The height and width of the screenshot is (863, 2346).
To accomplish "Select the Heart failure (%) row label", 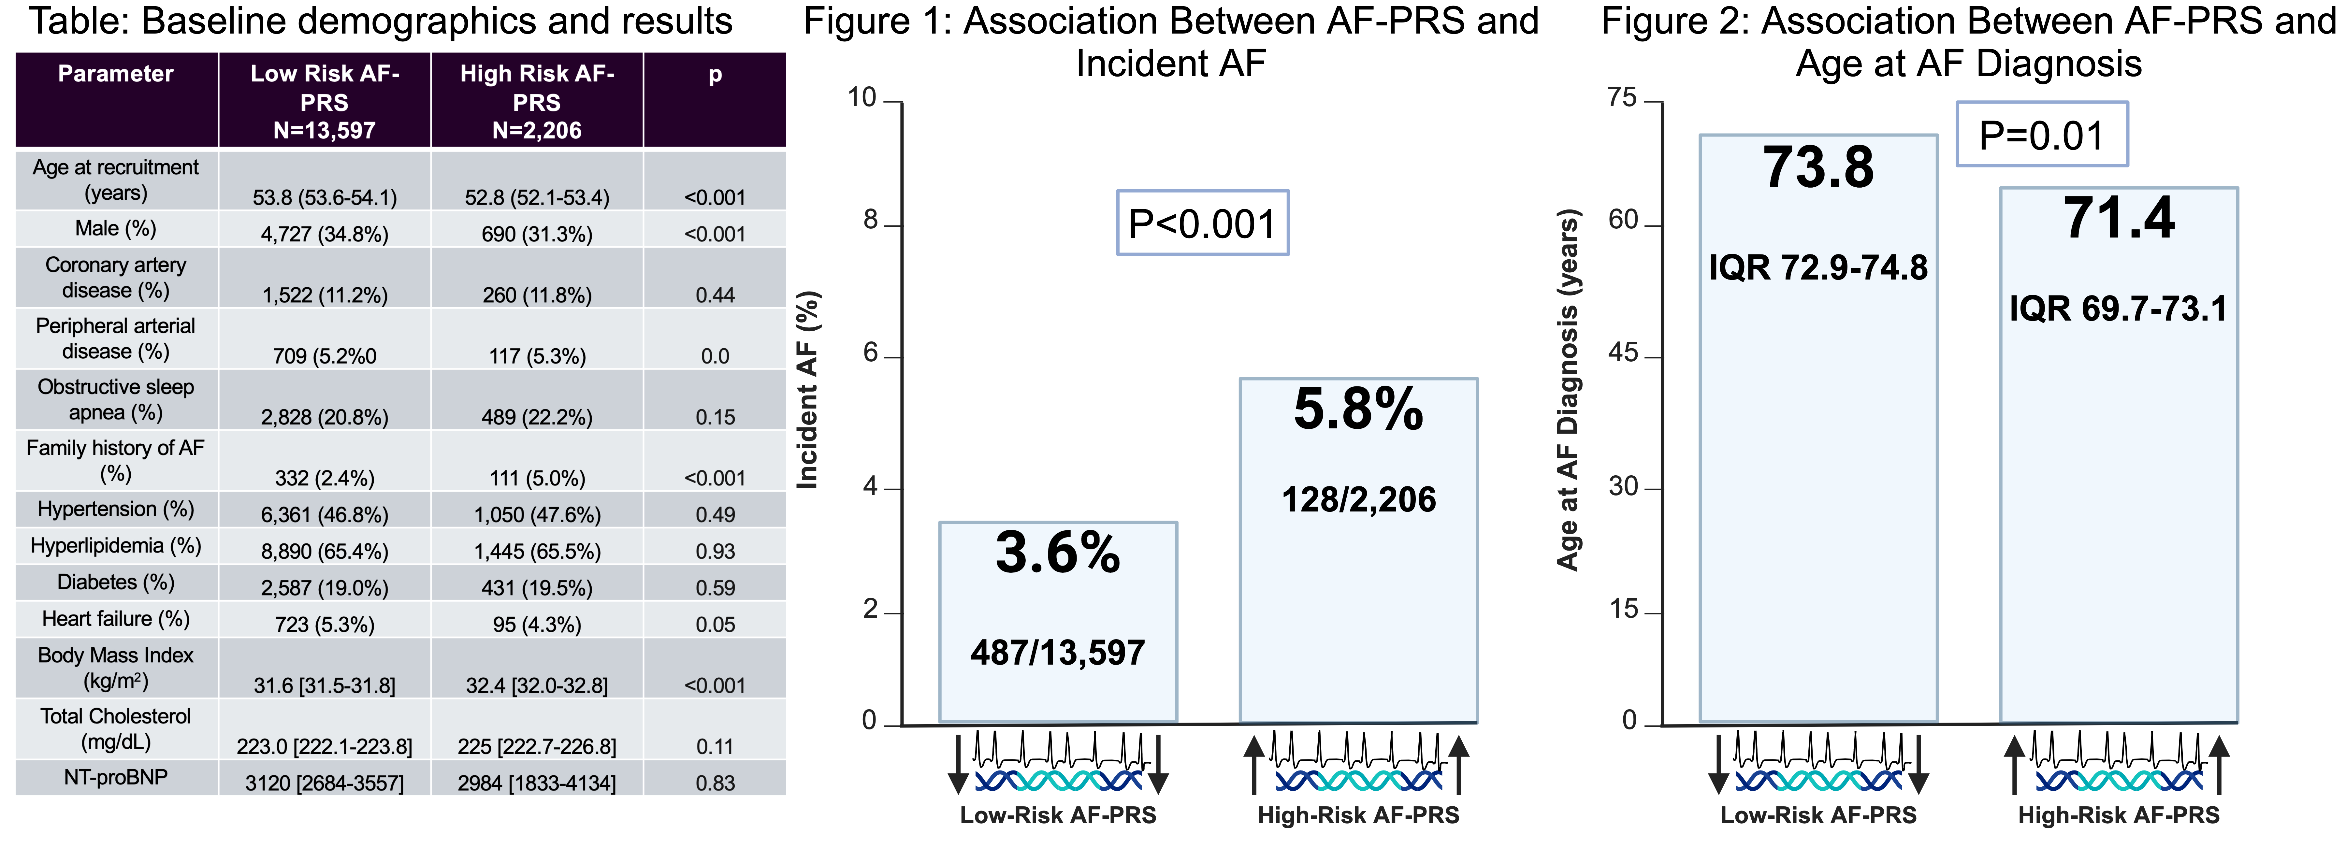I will point(116,619).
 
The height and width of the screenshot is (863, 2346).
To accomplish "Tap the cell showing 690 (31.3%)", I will point(536,234).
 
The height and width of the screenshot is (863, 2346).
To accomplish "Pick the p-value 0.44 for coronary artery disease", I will point(715,295).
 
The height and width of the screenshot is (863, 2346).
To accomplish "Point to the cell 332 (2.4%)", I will point(324,478).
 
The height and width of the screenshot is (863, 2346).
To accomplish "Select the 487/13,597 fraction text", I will point(1057,653).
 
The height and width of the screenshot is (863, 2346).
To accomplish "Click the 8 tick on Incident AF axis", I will point(871,221).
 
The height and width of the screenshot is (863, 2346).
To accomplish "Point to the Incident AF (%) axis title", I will point(808,390).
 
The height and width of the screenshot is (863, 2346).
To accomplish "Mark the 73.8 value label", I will point(1818,168).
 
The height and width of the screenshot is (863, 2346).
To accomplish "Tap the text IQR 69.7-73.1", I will point(2118,309).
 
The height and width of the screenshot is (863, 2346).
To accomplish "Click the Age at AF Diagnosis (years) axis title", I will point(1567,390).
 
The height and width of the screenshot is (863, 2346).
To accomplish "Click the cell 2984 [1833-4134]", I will point(536,783).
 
